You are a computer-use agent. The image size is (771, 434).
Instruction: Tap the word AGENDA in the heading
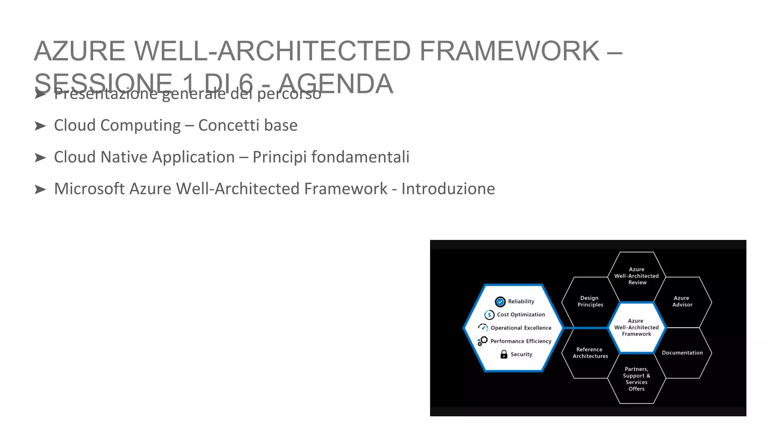pos(336,84)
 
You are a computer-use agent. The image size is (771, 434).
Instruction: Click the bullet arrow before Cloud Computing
pos(40,126)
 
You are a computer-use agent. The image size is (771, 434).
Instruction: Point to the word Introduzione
pos(448,189)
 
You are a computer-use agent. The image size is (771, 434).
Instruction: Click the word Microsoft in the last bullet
pos(89,189)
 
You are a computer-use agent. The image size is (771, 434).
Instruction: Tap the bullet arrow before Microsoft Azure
pos(40,189)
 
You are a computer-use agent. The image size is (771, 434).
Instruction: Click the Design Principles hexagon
pos(590,301)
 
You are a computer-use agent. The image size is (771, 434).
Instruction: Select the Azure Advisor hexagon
pos(682,301)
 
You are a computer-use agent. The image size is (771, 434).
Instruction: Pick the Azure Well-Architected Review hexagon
pos(637,276)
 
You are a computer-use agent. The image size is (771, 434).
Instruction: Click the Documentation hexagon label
pos(682,353)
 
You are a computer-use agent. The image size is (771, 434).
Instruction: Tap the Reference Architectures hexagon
pos(590,353)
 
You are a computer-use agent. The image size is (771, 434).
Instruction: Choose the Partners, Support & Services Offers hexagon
pos(637,379)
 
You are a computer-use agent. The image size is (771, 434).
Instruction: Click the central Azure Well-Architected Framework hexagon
pos(637,327)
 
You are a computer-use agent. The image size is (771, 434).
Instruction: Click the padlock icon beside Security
pos(504,354)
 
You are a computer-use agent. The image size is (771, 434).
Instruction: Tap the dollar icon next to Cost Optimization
pos(489,315)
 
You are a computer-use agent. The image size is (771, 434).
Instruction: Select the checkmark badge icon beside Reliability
pos(500,301)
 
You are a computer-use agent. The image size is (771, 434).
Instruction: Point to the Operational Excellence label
pos(521,328)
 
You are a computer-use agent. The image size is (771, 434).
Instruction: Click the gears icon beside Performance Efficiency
pos(483,341)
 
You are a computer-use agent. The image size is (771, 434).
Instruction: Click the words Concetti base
pos(248,125)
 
